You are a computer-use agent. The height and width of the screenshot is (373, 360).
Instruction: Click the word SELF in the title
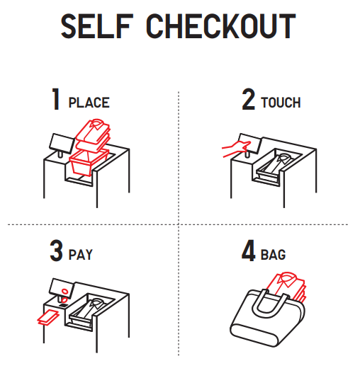click(x=96, y=26)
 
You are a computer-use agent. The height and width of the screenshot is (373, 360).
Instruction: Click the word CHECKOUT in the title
click(x=221, y=26)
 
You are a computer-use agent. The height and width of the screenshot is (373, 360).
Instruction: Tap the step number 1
click(x=56, y=99)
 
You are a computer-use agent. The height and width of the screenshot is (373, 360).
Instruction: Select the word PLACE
click(x=89, y=103)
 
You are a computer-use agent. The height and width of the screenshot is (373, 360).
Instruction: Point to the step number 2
click(x=249, y=99)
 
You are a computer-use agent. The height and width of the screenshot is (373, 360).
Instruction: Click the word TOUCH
click(x=281, y=103)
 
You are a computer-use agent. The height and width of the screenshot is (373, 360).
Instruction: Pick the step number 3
click(x=56, y=251)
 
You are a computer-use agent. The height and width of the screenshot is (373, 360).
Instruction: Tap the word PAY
click(x=81, y=255)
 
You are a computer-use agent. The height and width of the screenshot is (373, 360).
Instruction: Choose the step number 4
click(x=249, y=251)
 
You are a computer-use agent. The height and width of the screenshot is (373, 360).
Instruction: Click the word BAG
click(x=274, y=255)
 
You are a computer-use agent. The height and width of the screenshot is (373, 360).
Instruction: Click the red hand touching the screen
click(x=236, y=149)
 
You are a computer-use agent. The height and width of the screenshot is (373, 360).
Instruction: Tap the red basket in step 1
click(x=88, y=163)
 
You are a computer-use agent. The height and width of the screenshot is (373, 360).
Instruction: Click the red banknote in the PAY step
click(x=48, y=317)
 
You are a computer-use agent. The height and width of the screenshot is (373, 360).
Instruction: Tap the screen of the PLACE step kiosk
click(x=62, y=143)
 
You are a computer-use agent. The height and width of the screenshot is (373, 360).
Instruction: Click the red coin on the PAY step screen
click(x=64, y=291)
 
